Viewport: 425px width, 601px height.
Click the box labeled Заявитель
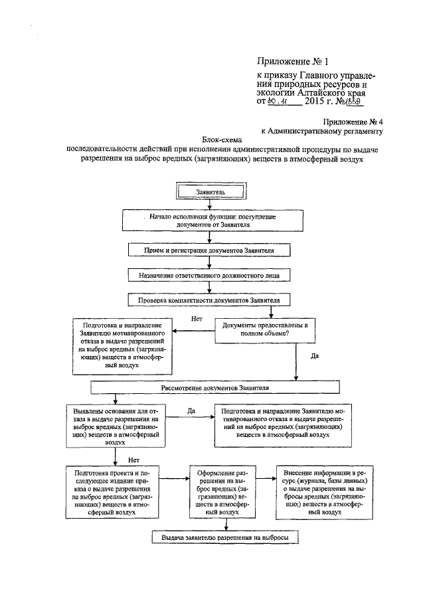(x=210, y=191)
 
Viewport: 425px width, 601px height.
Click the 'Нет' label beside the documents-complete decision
(x=197, y=319)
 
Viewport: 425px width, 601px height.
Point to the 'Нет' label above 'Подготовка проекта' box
(x=133, y=459)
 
